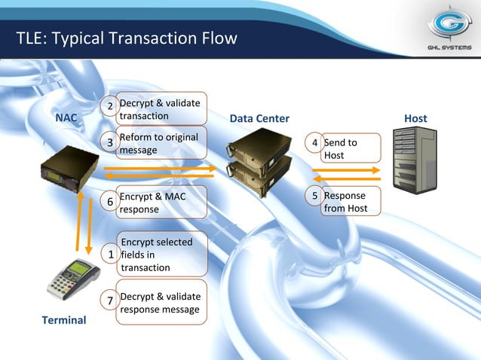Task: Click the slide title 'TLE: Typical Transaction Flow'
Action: coord(127,38)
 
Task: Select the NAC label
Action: coord(66,118)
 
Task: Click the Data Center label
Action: coord(259,119)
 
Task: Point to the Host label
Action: coord(415,118)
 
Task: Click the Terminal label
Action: coord(64,320)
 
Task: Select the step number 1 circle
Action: coord(111,255)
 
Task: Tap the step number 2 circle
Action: coord(110,106)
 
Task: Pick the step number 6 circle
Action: coord(110,202)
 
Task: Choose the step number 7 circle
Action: coord(111,301)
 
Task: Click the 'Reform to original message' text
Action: coord(159,143)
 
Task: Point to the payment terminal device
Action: coord(69,279)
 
